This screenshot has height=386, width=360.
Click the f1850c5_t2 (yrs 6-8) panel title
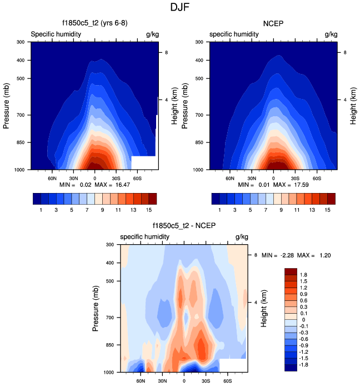[x=93, y=23]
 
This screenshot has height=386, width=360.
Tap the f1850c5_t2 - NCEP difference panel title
[x=184, y=226]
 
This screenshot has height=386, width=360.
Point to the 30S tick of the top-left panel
[x=116, y=179]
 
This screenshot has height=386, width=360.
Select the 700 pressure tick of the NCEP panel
[x=202, y=115]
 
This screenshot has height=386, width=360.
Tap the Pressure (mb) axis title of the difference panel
[x=96, y=308]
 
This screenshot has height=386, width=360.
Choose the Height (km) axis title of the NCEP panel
[x=353, y=105]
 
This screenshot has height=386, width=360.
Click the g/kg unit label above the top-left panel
[x=152, y=34]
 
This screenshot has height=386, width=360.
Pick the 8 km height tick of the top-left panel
[x=163, y=52]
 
